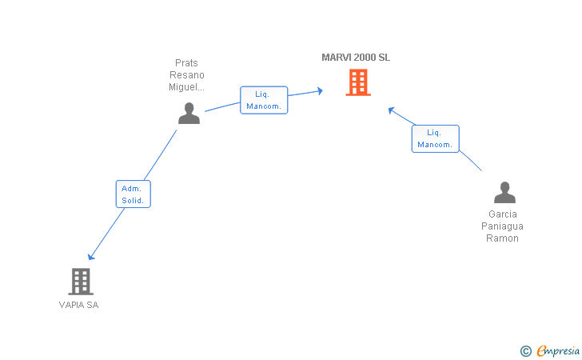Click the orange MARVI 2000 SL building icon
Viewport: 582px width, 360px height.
pos(358,82)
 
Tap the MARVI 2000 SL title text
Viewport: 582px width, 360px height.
pos(356,58)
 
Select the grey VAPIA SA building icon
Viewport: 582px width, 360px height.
pos(81,282)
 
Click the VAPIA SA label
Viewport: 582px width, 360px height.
pos(78,305)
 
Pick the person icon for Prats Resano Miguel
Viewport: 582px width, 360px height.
pos(189,114)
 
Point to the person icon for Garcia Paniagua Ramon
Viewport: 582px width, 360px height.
pos(504,193)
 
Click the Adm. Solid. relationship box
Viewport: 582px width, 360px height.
pos(134,194)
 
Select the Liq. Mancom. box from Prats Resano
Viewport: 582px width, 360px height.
pos(264,100)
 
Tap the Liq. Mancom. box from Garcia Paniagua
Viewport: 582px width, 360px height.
pos(436,138)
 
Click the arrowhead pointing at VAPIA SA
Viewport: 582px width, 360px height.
pos(91,257)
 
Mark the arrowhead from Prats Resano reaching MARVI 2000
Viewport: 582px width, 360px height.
pos(320,90)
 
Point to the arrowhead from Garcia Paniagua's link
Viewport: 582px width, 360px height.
pos(391,110)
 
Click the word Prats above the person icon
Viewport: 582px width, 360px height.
pos(186,62)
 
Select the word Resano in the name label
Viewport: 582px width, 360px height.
pos(187,75)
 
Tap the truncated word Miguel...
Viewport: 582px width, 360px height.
pos(186,87)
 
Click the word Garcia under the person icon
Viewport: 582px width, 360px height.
pos(503,214)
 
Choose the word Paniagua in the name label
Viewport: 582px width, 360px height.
pos(502,226)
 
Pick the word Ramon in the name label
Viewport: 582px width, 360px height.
pos(502,238)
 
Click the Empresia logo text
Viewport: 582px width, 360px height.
pos(558,350)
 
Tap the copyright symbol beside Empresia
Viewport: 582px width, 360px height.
pos(525,351)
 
